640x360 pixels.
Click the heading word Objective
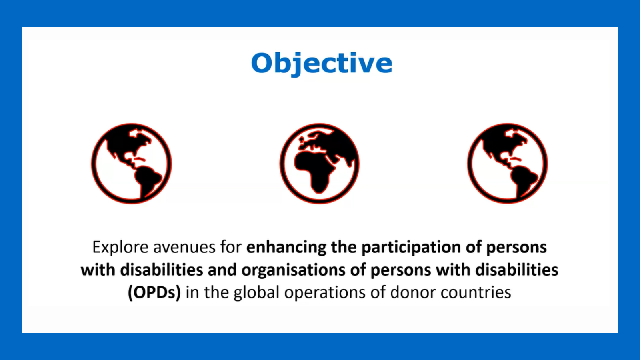tap(322, 64)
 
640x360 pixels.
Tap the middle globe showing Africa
tap(320, 164)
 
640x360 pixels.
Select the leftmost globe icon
tap(132, 164)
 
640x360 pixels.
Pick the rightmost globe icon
tap(508, 164)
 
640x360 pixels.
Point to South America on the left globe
tap(147, 180)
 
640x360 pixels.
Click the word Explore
tap(120, 248)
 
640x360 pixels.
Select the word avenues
tap(184, 248)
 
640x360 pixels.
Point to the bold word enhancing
tap(286, 248)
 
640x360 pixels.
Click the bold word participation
tap(411, 248)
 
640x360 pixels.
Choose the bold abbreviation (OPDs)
tap(154, 292)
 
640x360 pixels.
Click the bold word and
tap(222, 270)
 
